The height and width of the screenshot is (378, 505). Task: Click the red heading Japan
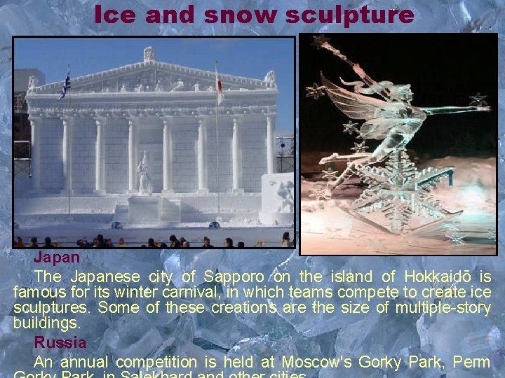57,258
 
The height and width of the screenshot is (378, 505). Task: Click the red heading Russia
60,343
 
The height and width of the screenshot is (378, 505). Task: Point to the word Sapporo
229,276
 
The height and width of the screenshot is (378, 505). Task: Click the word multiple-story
443,308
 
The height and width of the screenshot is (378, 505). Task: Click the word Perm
471,363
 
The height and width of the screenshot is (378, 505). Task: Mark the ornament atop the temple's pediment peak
149,54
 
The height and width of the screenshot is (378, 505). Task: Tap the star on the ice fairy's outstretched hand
478,100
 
